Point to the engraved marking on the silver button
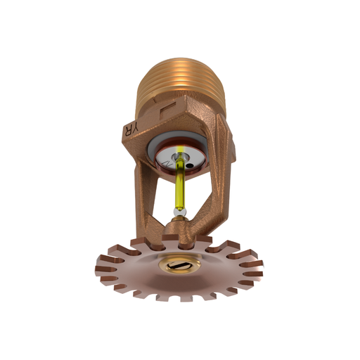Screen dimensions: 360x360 (x=167, y=163)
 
